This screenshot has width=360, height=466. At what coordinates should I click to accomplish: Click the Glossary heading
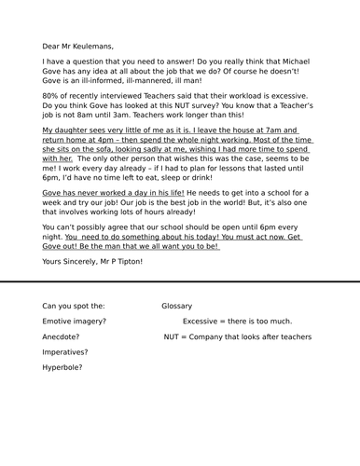pos(176,306)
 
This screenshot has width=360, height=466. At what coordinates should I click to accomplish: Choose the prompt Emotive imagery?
pos(74,322)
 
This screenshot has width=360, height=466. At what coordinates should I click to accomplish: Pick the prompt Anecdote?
pos(61,336)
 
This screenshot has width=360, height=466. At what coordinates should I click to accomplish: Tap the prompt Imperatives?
pos(65,352)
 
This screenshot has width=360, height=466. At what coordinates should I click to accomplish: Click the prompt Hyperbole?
pos(62,367)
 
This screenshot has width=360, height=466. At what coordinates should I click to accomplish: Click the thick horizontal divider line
pos(180,281)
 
